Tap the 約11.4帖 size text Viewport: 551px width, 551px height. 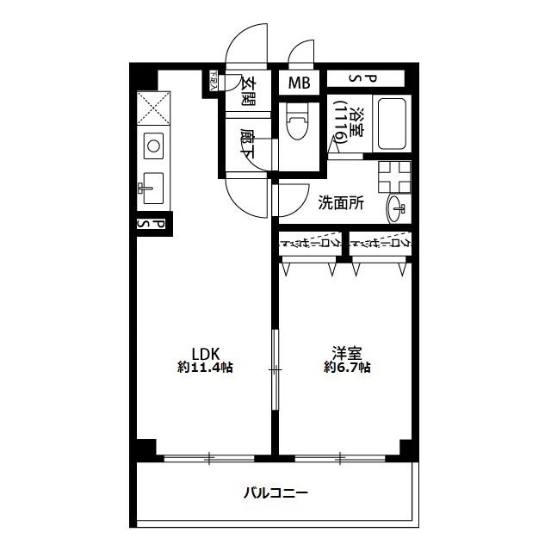coord(206,368)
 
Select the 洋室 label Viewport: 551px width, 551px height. coord(348,351)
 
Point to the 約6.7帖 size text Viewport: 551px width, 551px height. coord(348,368)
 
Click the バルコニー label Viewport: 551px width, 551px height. coord(275,493)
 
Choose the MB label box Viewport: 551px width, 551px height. coord(299,84)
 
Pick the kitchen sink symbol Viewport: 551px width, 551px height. coord(152,186)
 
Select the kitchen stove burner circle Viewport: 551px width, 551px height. coord(152,146)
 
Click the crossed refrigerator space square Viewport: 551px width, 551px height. coord(152,108)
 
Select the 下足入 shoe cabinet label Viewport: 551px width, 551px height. coord(215,81)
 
